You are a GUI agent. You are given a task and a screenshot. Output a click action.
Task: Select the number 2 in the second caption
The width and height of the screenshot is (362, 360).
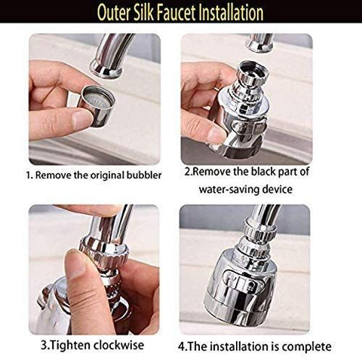click(x=189, y=172)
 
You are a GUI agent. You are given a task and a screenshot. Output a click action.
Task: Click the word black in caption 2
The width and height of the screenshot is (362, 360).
click(x=278, y=172)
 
